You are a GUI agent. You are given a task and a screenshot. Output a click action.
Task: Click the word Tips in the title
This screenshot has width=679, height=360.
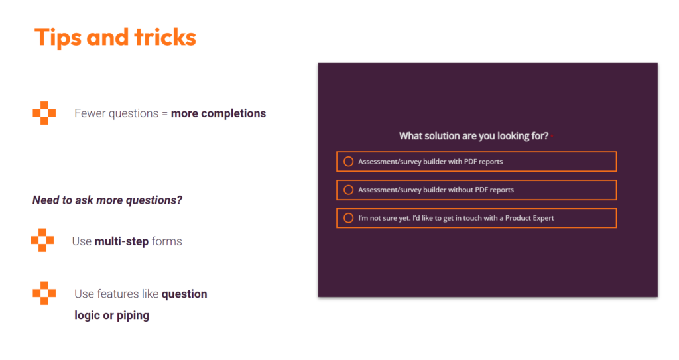click(58, 38)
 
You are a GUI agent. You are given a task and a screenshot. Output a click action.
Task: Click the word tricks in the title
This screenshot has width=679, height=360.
click(165, 37)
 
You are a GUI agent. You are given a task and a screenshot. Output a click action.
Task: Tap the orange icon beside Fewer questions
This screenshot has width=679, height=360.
click(44, 113)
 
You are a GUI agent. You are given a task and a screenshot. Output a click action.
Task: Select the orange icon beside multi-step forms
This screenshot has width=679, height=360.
click(42, 240)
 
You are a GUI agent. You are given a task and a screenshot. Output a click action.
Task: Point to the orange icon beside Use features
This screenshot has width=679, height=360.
click(44, 293)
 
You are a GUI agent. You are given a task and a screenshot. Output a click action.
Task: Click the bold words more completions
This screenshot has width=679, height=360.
click(218, 113)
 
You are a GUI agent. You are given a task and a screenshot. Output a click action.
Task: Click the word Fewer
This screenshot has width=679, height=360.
click(90, 113)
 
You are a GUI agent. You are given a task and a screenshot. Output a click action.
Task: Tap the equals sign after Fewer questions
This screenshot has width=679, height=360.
click(164, 114)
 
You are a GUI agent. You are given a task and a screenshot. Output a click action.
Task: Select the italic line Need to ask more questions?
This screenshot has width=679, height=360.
click(107, 200)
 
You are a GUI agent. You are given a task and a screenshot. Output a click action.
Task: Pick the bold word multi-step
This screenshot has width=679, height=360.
click(122, 241)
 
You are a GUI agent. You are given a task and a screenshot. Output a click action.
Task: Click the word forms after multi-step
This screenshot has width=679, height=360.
click(166, 241)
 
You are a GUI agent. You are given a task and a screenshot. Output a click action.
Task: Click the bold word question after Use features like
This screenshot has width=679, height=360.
click(184, 294)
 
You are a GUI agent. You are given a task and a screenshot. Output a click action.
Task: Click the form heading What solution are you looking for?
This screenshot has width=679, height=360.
click(473, 136)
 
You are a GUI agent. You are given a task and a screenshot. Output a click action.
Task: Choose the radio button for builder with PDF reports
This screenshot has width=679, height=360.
click(349, 162)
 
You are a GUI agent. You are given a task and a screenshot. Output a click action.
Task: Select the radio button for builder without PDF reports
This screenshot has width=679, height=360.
click(349, 190)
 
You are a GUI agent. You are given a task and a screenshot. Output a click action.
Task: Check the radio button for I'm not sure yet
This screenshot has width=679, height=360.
click(349, 218)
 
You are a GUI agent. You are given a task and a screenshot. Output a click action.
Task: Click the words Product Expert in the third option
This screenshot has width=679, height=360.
click(530, 218)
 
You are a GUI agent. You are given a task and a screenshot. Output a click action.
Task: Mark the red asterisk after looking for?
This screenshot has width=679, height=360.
click(552, 135)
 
